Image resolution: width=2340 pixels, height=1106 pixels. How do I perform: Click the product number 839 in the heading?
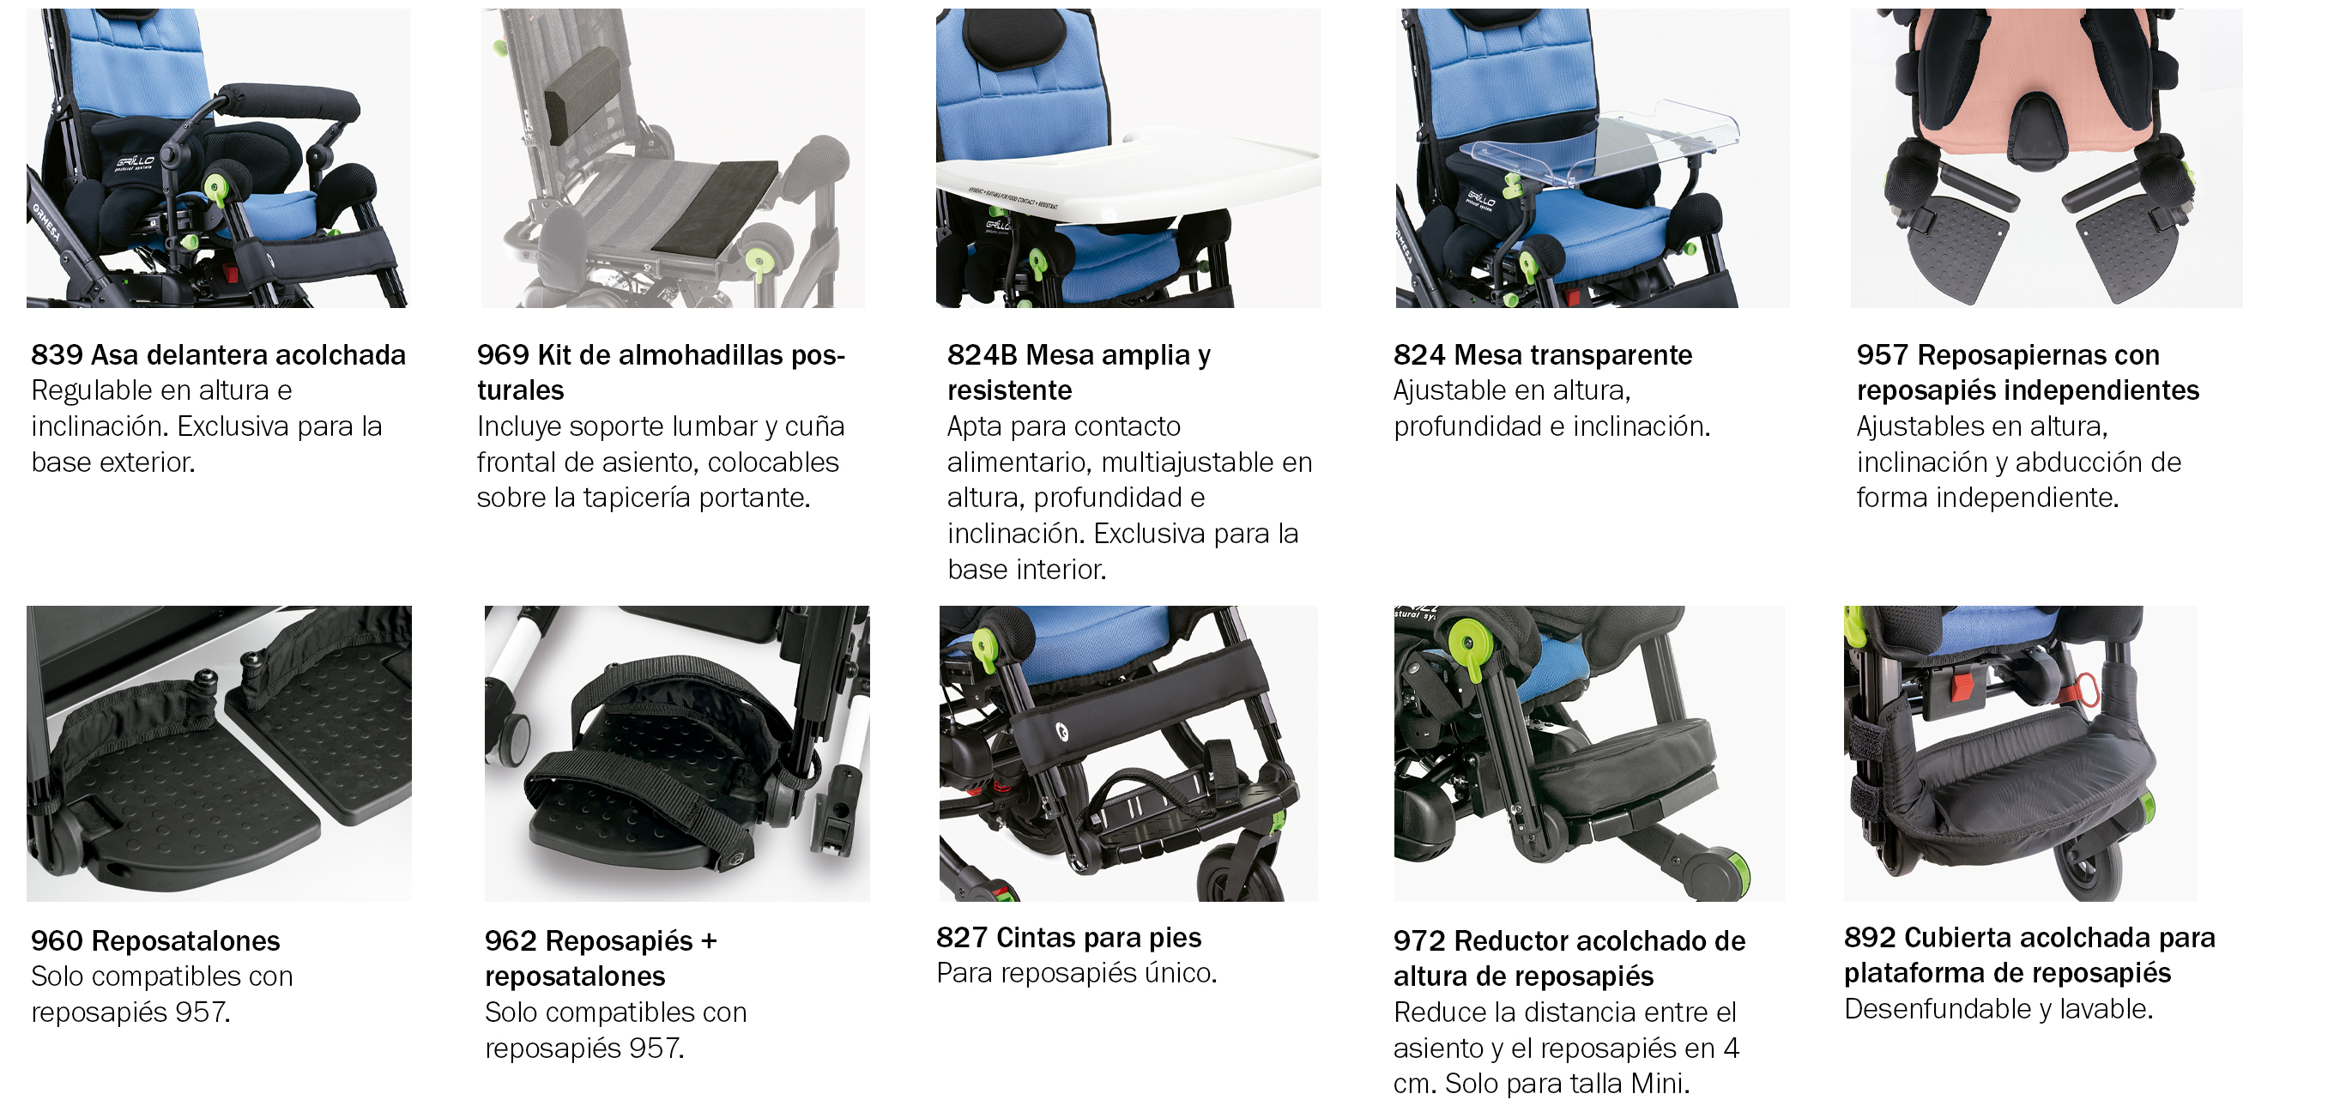[x=57, y=355]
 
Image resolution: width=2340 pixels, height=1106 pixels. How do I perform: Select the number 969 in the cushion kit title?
[x=502, y=355]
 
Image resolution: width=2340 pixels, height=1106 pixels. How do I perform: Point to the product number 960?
[x=57, y=940]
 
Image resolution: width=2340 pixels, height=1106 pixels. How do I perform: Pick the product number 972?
[x=1419, y=940]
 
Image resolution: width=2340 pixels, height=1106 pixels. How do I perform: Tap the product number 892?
[x=1870, y=937]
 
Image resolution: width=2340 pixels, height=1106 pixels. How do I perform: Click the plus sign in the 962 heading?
[x=709, y=941]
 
